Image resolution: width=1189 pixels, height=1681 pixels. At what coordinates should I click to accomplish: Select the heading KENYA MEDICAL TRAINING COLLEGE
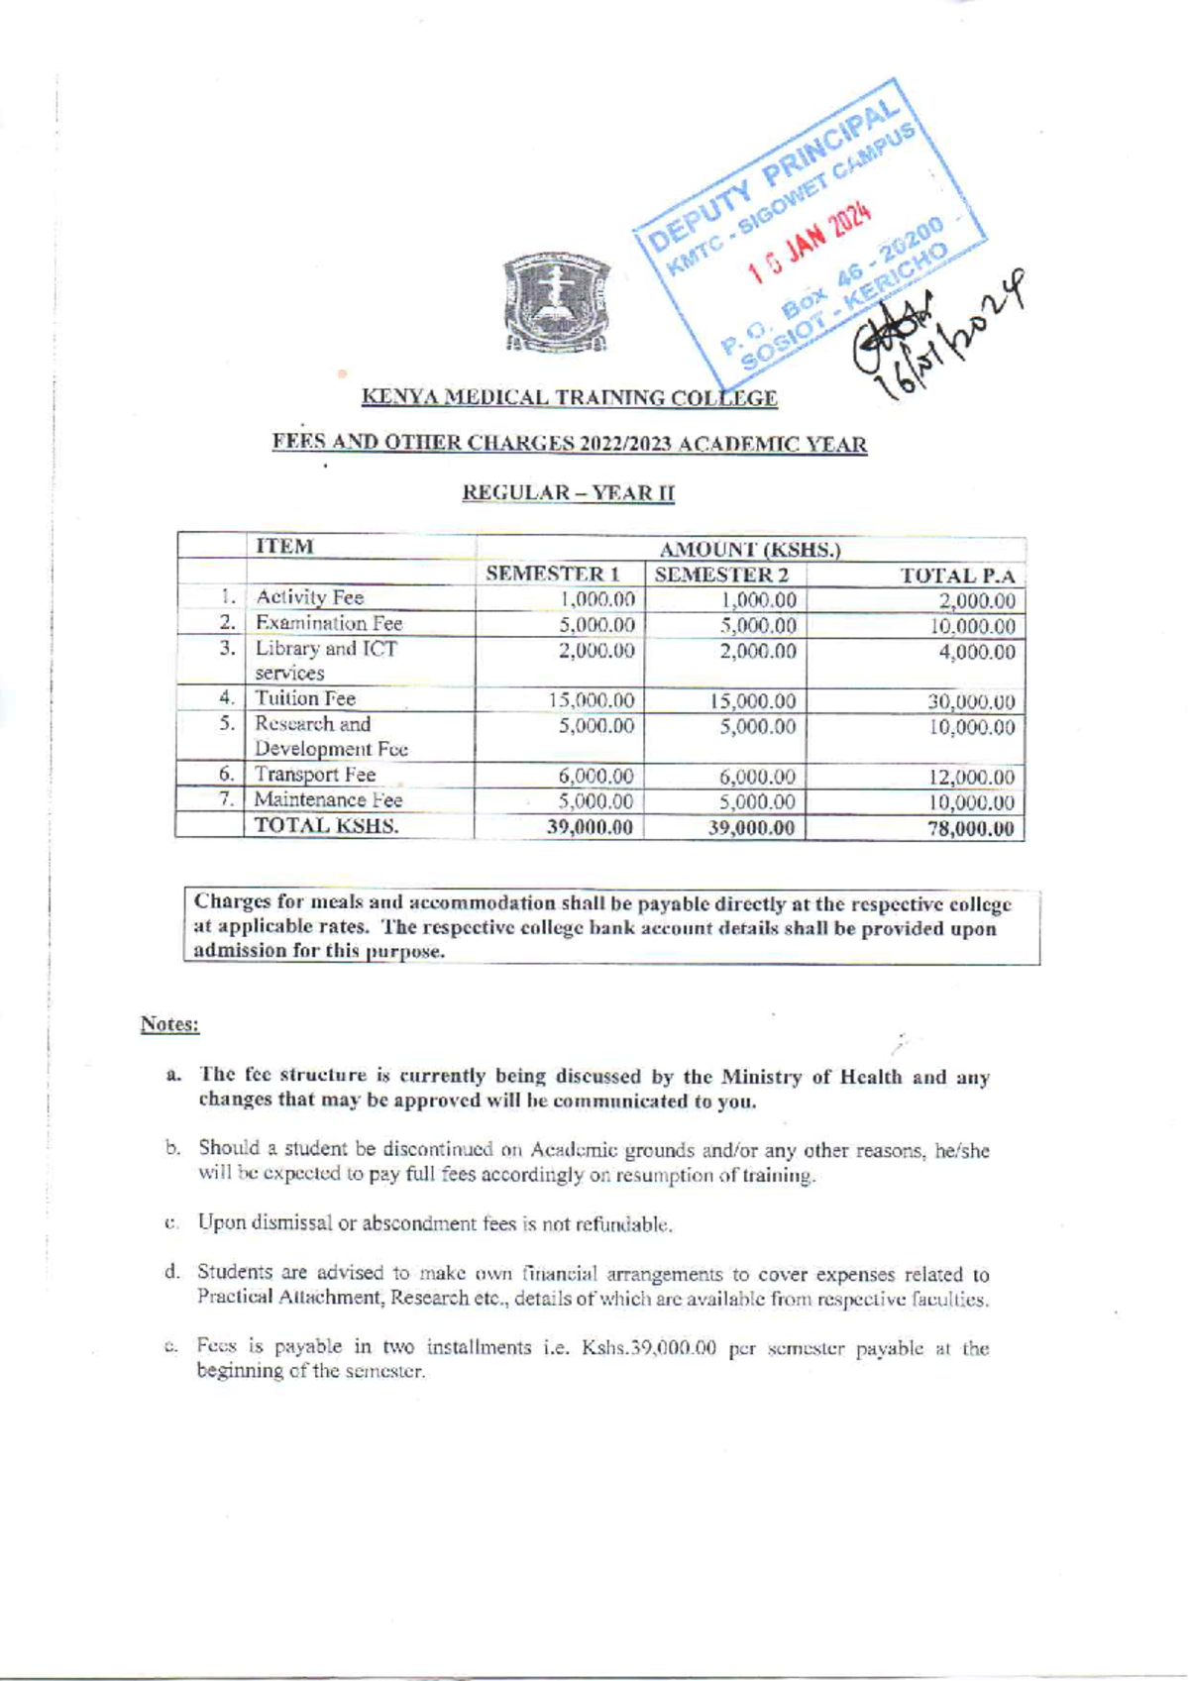tap(570, 398)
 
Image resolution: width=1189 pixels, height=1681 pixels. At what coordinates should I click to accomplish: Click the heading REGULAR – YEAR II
tap(570, 492)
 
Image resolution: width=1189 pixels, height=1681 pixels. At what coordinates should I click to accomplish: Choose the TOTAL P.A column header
tap(956, 576)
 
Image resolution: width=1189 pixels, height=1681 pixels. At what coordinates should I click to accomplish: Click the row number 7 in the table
tap(226, 799)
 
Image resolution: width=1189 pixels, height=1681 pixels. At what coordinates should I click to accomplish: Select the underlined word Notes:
tap(169, 1023)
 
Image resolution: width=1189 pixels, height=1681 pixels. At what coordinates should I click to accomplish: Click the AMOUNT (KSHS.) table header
tap(750, 549)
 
